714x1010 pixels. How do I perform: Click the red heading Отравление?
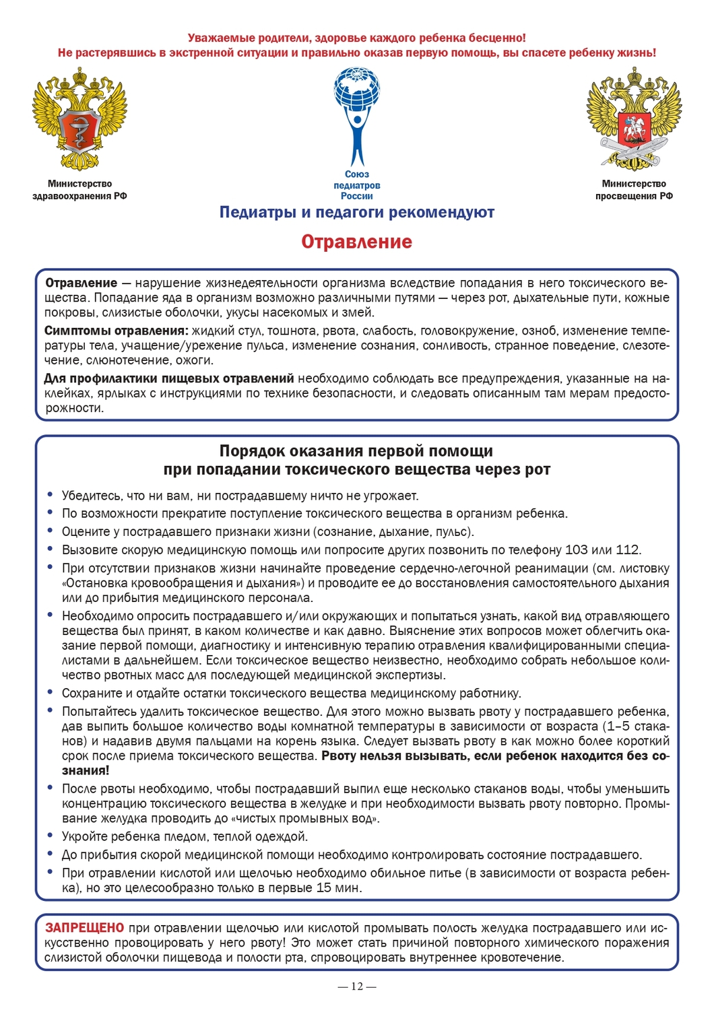(x=356, y=242)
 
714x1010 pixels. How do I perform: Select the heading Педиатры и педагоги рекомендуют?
(x=356, y=212)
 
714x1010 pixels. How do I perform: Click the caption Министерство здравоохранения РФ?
(x=79, y=190)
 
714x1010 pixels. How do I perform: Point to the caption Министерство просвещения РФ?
(x=634, y=190)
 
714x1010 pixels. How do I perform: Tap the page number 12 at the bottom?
(x=356, y=986)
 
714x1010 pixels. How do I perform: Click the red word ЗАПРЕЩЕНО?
(x=85, y=928)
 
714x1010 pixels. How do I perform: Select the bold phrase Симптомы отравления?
(x=116, y=331)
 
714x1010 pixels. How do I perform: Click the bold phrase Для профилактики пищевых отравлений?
(x=169, y=378)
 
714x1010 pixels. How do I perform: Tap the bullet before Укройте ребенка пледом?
(x=51, y=836)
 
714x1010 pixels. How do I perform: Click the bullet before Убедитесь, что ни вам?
(x=51, y=495)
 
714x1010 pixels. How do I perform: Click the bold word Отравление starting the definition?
(x=81, y=283)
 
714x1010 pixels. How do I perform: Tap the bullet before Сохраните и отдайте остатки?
(x=51, y=692)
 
